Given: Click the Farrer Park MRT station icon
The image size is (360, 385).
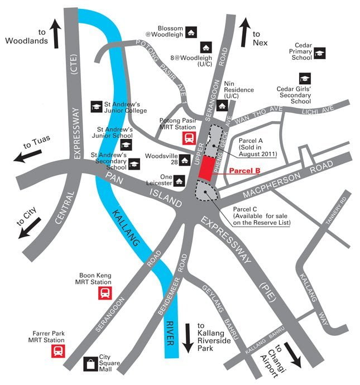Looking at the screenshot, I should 57,351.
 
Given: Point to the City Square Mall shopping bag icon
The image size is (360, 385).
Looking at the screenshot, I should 90,365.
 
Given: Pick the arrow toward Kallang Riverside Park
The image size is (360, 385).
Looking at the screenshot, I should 188,337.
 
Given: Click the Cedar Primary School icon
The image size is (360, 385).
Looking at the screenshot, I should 319,54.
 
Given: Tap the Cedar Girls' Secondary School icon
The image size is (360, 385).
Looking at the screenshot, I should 305,78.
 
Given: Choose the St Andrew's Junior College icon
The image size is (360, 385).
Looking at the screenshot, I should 96,105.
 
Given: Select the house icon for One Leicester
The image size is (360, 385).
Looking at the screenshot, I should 179,180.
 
